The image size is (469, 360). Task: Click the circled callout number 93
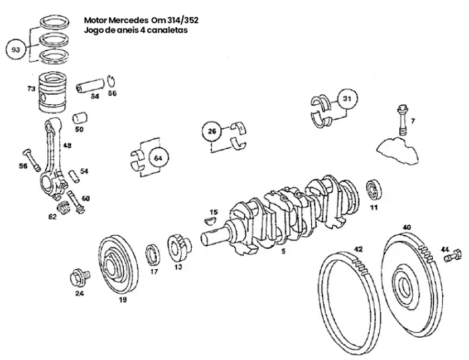pos(16,50)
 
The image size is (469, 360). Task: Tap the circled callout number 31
pos(347,99)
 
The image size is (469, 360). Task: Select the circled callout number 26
pos(211,132)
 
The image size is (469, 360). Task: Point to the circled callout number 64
pos(158,158)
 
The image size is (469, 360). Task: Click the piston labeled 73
pos(53,93)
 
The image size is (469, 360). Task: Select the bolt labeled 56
pos(30,158)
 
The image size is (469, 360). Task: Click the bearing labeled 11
pos(374,191)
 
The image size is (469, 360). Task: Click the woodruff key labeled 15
pos(211,221)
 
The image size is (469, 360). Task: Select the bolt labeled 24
pos(78,276)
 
